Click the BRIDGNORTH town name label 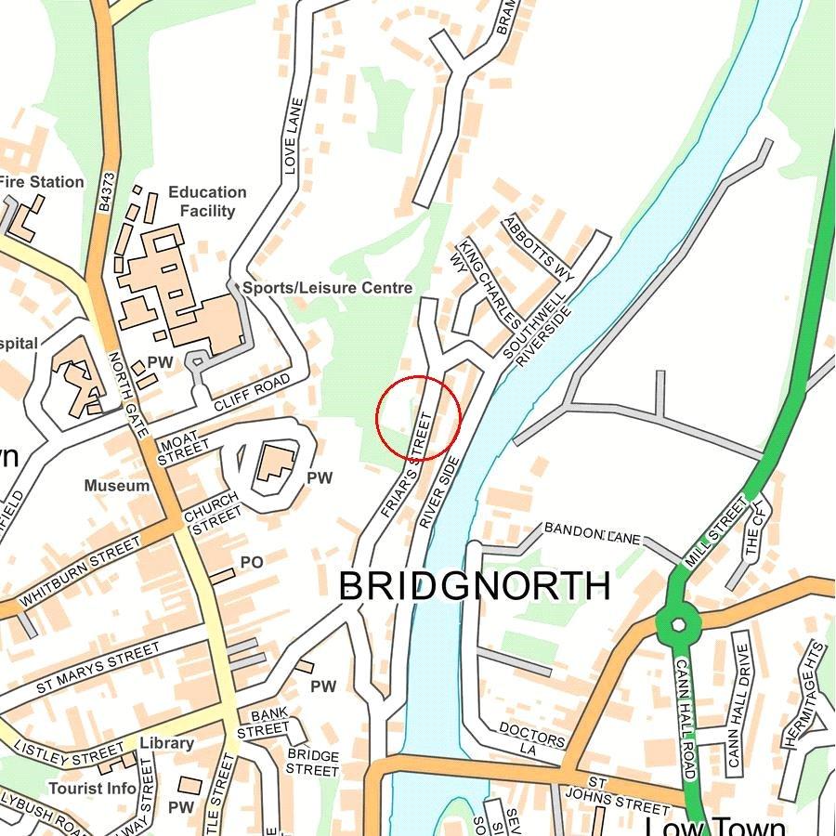[x=474, y=587]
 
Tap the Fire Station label [x=41, y=182]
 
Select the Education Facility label [x=207, y=202]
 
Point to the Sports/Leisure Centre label [x=327, y=288]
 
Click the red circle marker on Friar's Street [x=418, y=418]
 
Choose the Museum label [x=116, y=486]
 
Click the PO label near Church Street [x=252, y=562]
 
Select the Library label [x=167, y=743]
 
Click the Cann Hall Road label [x=686, y=720]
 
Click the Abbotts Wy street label [x=539, y=249]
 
